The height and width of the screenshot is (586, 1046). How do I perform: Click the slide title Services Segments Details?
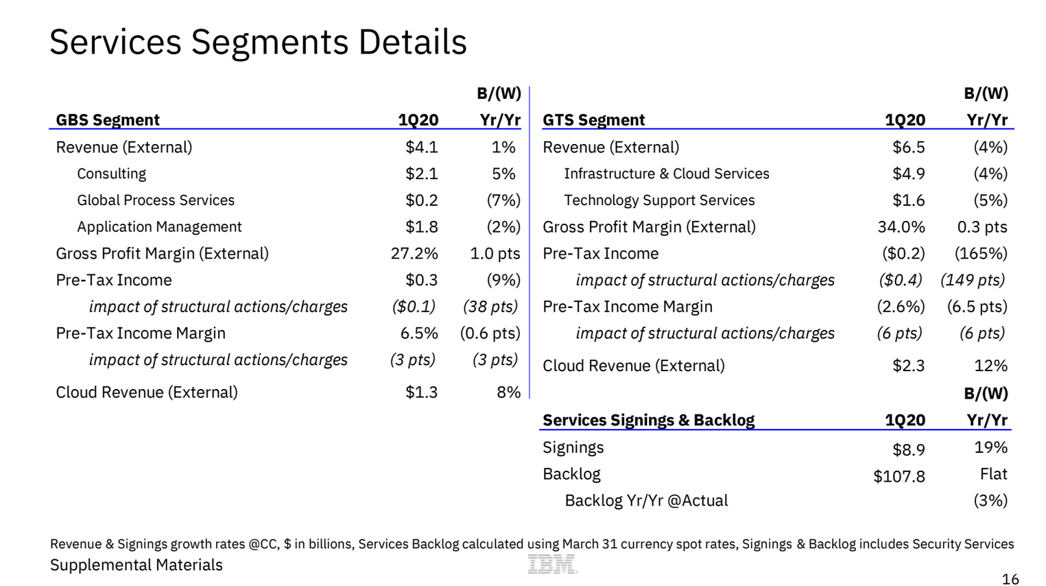click(258, 42)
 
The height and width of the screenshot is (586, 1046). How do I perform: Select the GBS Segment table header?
click(108, 120)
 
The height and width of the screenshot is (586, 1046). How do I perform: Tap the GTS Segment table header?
click(593, 120)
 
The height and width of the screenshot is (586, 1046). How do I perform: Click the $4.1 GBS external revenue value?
click(422, 148)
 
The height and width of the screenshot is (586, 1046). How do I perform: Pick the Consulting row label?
click(112, 174)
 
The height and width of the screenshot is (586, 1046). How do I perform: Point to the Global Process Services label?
click(156, 200)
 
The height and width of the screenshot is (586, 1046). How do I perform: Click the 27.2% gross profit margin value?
click(414, 253)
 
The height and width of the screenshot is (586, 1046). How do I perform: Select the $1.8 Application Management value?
click(422, 226)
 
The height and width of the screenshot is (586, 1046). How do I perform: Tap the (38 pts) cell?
click(491, 307)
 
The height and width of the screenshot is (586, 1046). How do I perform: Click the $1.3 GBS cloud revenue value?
click(422, 392)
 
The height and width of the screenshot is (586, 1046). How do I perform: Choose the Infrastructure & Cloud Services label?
click(667, 174)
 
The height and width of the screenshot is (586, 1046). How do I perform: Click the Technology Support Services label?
click(659, 200)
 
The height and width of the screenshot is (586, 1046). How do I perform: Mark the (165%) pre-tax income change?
click(981, 253)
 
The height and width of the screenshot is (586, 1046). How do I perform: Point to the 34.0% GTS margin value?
click(901, 226)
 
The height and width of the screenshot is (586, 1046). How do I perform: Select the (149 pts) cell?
click(973, 280)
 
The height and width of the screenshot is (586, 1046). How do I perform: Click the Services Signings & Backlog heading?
click(648, 420)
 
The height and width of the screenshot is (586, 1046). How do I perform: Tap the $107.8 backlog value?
click(899, 476)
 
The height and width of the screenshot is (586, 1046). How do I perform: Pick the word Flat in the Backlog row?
click(994, 474)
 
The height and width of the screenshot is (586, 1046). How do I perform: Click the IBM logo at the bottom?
click(552, 564)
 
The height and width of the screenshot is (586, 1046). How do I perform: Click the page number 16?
click(1010, 579)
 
